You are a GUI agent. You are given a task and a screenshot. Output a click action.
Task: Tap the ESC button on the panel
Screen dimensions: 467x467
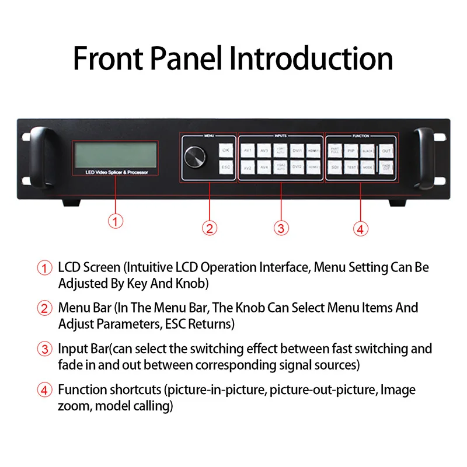[x=226, y=168]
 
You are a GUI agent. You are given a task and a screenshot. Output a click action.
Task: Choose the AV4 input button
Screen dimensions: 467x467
[x=264, y=168]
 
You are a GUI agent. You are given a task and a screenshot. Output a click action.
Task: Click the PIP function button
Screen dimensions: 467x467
[x=350, y=150]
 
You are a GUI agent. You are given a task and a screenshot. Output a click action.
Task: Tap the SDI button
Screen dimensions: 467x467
[x=334, y=168]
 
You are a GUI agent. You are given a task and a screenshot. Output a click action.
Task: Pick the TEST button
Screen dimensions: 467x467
[x=350, y=168]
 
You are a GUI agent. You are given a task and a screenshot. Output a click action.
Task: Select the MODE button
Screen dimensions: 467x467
[x=367, y=168]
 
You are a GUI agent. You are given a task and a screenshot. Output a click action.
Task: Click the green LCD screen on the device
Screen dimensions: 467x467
[x=116, y=154]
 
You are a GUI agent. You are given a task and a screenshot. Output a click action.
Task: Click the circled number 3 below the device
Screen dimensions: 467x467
[x=281, y=228]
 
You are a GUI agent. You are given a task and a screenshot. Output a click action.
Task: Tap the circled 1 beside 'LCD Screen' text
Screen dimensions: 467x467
[x=45, y=268]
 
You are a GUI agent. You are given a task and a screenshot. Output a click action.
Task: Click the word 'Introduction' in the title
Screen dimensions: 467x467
[x=311, y=58]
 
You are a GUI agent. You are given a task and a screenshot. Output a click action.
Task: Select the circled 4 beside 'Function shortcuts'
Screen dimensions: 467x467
[x=45, y=390]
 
